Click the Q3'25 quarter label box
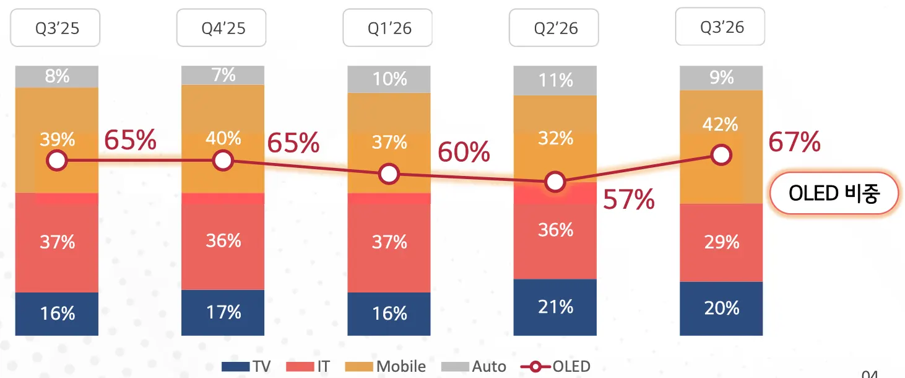click(55, 27)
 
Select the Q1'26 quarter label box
click(388, 27)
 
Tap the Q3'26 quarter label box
click(720, 26)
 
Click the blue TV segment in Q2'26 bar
click(555, 307)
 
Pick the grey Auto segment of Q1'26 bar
click(389, 79)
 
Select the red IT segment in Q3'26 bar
click(721, 242)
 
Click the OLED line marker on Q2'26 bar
click(555, 182)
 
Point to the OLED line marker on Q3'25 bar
click(56, 160)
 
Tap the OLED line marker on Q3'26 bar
click(721, 155)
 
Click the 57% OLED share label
click(629, 200)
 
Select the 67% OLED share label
click(794, 142)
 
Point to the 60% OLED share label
click(464, 152)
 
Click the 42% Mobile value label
click(721, 124)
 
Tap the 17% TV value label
click(223, 312)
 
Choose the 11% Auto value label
click(555, 80)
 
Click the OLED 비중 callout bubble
click(834, 193)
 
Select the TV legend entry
click(246, 366)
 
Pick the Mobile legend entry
click(385, 366)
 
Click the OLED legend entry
click(555, 366)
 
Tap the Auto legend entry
click(474, 366)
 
